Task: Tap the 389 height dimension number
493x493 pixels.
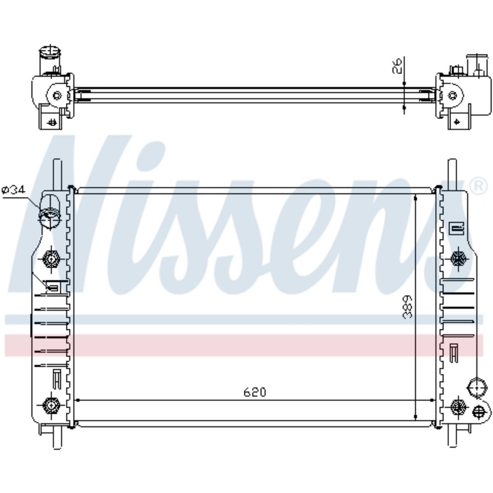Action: coord(408,307)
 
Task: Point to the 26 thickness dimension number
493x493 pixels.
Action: coord(397,66)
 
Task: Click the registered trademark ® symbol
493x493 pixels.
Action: coord(479,186)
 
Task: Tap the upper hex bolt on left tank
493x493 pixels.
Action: coord(51,259)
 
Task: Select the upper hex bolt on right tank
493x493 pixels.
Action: coord(458,259)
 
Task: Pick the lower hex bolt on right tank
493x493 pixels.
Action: coord(458,406)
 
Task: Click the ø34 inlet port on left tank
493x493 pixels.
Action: coord(50,214)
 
